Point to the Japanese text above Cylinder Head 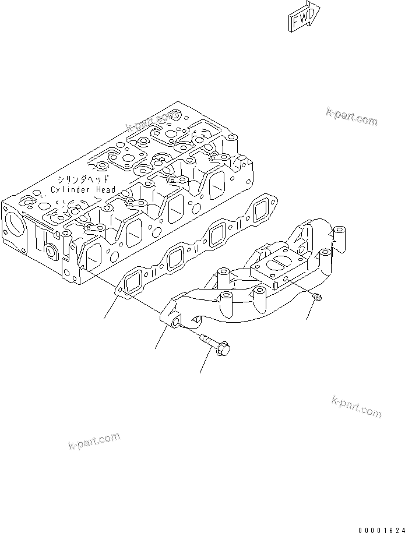coord(82,179)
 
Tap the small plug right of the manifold coord(317,298)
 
